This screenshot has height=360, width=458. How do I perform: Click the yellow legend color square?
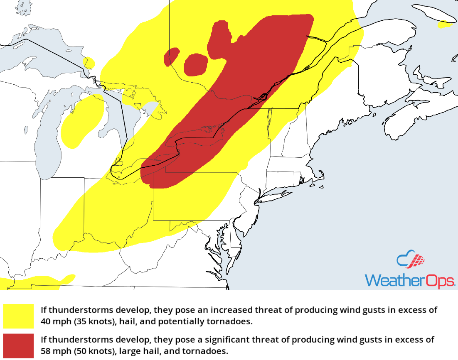click(19, 316)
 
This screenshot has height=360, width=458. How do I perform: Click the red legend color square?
click(19, 346)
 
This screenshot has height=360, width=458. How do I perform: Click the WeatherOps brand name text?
click(410, 280)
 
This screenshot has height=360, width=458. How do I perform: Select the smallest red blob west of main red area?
click(172, 56)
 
